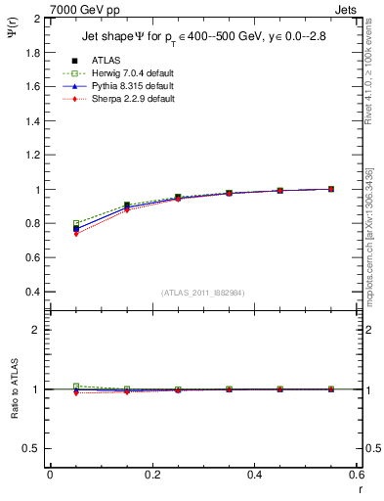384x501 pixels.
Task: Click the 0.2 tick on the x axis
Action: pyautogui.click(x=152, y=474)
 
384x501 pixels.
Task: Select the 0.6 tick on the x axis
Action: pyautogui.click(x=358, y=474)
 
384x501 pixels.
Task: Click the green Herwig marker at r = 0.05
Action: pyautogui.click(x=76, y=223)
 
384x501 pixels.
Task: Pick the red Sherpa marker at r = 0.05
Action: pyautogui.click(x=76, y=234)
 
